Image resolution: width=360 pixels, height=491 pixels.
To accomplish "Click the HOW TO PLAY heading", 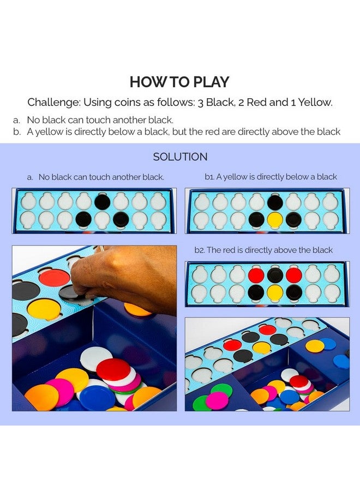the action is pyautogui.click(x=179, y=82).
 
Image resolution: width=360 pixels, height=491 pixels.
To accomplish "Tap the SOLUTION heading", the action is pyautogui.click(x=180, y=157).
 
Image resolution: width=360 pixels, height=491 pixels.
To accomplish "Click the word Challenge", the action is pyautogui.click(x=53, y=103).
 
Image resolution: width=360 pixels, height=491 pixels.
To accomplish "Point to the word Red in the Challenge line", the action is pyautogui.click(x=257, y=103).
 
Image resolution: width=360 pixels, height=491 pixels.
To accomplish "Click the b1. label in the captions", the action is pyautogui.click(x=209, y=177).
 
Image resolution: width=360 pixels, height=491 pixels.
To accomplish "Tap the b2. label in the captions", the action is pyautogui.click(x=200, y=250).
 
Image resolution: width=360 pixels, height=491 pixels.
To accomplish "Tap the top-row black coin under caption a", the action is pyautogui.click(x=102, y=202).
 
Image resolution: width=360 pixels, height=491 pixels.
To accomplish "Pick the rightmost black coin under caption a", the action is pyautogui.click(x=121, y=219).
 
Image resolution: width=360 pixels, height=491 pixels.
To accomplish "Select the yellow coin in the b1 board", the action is pyautogui.click(x=275, y=219).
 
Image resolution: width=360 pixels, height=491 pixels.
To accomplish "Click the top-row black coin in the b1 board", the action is pyautogui.click(x=275, y=202).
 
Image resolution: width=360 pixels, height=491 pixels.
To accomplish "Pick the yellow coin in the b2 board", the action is pyautogui.click(x=275, y=292).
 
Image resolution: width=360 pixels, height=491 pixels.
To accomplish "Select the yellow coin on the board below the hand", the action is pyautogui.click(x=44, y=309).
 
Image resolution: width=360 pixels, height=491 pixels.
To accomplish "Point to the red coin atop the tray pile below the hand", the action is pyautogui.click(x=113, y=369).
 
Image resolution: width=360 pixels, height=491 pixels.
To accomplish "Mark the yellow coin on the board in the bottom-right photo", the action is pyautogui.click(x=261, y=348).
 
